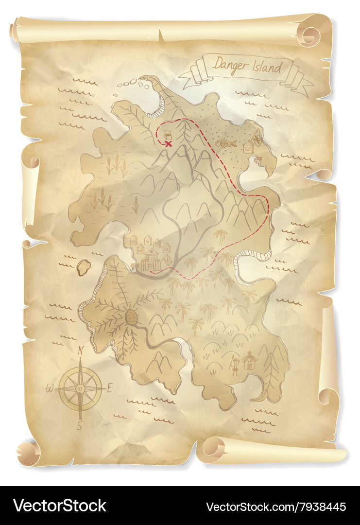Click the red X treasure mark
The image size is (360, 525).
(169, 144)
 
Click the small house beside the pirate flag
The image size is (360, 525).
(248, 146)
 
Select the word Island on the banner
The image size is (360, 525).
(266, 67)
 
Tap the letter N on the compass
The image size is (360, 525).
(81, 350)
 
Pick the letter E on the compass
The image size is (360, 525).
(109, 388)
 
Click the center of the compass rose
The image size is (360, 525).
(80, 388)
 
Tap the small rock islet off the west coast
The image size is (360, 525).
(84, 267)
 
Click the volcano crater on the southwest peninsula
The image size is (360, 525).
(131, 317)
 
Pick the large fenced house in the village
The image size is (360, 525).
(152, 260)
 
